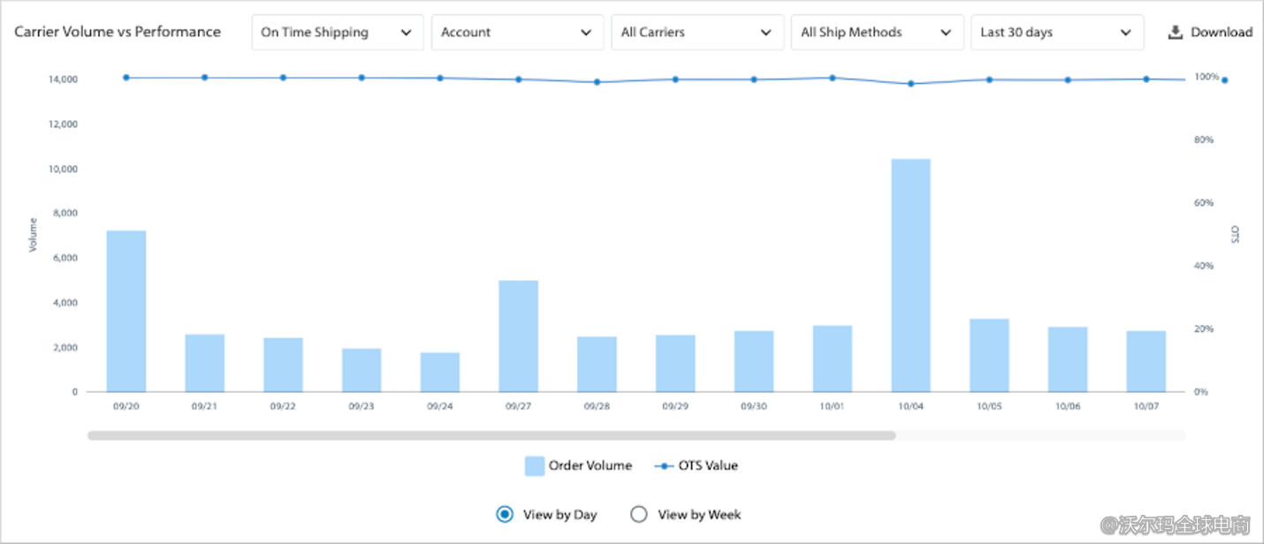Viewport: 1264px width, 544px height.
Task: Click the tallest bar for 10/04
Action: [x=910, y=276]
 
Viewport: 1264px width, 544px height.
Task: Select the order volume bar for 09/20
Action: [x=126, y=311]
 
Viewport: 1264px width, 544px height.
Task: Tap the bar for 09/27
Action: [x=518, y=336]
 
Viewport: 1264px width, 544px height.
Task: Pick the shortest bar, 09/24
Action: [x=439, y=372]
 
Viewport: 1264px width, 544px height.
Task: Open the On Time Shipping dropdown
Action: [x=337, y=33]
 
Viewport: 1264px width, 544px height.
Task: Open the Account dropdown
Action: [x=517, y=33]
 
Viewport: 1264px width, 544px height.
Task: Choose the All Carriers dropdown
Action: [x=697, y=33]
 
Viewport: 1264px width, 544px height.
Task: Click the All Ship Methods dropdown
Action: [x=877, y=33]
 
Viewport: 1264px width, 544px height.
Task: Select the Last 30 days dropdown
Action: [x=1056, y=33]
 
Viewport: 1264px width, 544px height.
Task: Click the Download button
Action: [x=1210, y=33]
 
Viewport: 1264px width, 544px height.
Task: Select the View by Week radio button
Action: [x=639, y=514]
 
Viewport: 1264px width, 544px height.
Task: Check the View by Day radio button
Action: [x=505, y=514]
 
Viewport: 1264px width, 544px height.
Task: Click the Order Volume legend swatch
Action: [x=534, y=466]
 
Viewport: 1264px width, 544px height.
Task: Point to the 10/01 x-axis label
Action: [x=832, y=406]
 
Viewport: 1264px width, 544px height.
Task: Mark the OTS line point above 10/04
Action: [x=910, y=84]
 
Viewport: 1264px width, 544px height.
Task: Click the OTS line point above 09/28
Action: [x=597, y=82]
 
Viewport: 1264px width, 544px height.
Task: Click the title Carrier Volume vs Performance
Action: [x=118, y=32]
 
